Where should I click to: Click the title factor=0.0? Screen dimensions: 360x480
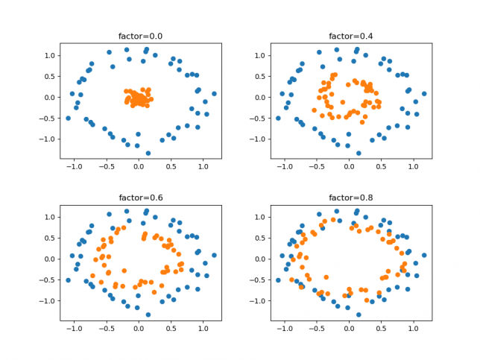[x=139, y=37]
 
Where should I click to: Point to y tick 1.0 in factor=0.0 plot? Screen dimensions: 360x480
[x=47, y=56]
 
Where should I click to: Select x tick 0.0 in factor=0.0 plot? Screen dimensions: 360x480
[x=139, y=168]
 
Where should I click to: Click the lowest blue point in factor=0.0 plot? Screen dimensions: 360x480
[x=148, y=153]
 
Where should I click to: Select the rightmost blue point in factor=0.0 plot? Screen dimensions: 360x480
[x=214, y=94]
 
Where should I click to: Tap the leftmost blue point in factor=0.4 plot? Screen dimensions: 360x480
[x=278, y=118]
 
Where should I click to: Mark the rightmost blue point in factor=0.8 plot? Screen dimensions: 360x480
[x=424, y=255]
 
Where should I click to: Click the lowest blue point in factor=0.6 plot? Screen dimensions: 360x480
[x=148, y=314]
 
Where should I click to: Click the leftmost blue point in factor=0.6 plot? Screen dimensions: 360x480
[x=68, y=280]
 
